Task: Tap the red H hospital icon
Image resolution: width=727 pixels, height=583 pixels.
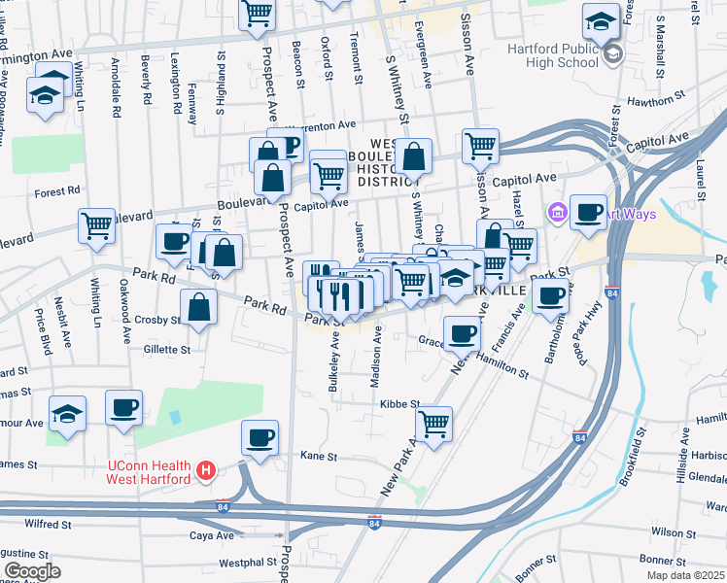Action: click(x=205, y=472)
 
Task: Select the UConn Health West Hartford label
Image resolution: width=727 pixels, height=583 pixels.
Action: click(x=148, y=472)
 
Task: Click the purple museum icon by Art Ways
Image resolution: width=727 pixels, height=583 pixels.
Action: click(x=558, y=212)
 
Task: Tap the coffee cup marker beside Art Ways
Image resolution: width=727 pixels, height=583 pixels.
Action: click(x=588, y=214)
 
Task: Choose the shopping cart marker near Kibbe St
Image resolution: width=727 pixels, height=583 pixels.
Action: click(x=433, y=424)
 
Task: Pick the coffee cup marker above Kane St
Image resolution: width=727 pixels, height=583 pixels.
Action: click(x=260, y=438)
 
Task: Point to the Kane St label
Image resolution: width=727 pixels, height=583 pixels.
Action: click(x=318, y=455)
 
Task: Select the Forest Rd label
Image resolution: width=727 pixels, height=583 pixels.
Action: click(x=55, y=192)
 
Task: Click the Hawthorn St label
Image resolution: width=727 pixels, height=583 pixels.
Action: click(x=650, y=100)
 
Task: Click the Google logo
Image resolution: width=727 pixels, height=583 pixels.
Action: click(x=32, y=570)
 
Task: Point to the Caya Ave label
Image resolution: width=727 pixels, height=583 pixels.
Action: click(x=211, y=535)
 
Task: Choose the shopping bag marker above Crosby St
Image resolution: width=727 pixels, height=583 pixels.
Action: click(x=199, y=308)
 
